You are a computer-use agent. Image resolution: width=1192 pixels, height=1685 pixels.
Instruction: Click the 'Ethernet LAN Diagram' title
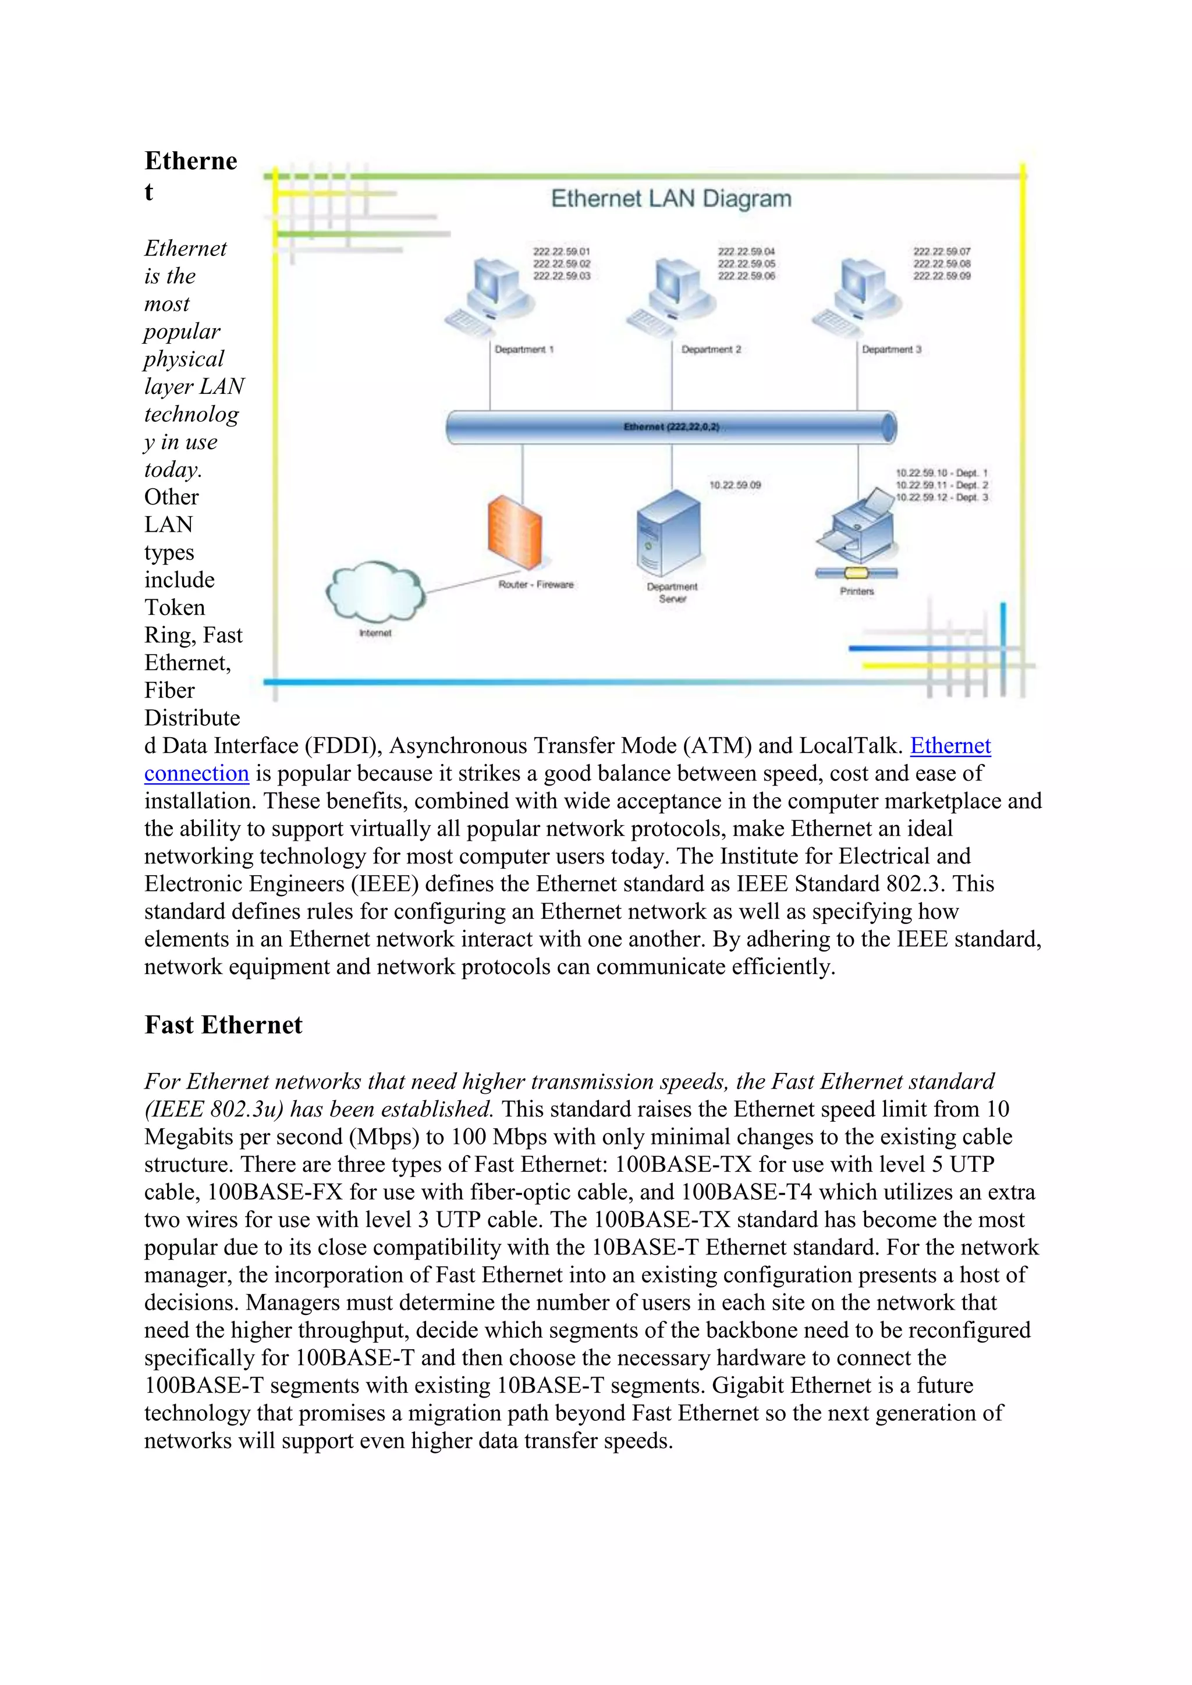[671, 199]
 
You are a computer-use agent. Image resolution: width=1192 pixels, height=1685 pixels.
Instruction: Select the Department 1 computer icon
[490, 297]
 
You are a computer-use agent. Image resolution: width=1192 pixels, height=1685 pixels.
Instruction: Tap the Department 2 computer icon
[672, 297]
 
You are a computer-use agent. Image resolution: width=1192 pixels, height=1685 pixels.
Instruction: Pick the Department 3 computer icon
[857, 297]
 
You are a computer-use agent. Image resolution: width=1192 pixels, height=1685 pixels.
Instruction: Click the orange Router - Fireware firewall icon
[515, 531]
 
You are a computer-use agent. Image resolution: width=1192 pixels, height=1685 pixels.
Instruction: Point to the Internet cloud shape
[375, 592]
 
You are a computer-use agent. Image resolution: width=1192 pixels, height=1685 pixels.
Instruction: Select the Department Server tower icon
[668, 533]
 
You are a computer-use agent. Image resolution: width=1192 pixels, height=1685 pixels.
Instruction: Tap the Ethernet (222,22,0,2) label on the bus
[671, 427]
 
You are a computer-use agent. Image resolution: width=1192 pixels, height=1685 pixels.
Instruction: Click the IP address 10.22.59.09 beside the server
[735, 485]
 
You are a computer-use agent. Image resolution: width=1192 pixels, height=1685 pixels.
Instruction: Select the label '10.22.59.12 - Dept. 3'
[942, 497]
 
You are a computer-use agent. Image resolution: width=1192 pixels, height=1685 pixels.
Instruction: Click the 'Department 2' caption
[711, 350]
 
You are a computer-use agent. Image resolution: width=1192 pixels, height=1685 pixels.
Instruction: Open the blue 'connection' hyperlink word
[197, 773]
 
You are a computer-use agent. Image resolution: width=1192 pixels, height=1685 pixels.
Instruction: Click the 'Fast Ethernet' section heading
[223, 1025]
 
